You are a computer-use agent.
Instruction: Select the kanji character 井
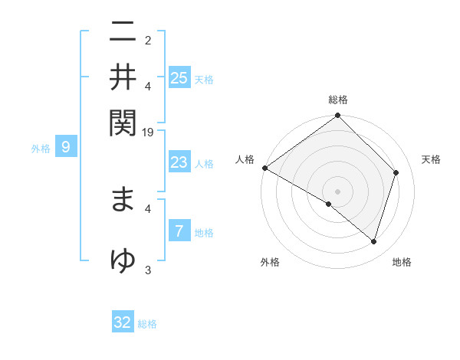click(123, 77)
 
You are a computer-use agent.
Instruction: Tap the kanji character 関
click(123, 120)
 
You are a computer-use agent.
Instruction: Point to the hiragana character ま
click(123, 199)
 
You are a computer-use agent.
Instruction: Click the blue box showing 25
click(179, 77)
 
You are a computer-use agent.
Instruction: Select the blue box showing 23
click(179, 162)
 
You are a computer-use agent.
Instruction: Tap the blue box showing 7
click(179, 232)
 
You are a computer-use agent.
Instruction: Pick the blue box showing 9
click(66, 148)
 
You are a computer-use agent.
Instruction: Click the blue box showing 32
click(123, 322)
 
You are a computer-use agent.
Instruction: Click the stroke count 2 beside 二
click(148, 41)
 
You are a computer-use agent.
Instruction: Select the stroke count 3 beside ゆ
click(148, 270)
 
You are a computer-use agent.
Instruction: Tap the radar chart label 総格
click(338, 100)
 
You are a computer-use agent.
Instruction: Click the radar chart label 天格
click(431, 159)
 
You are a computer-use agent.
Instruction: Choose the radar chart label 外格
click(270, 262)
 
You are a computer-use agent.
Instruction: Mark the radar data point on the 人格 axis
click(264, 168)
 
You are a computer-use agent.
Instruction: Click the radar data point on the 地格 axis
click(374, 242)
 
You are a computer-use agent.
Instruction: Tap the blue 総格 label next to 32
click(147, 324)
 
